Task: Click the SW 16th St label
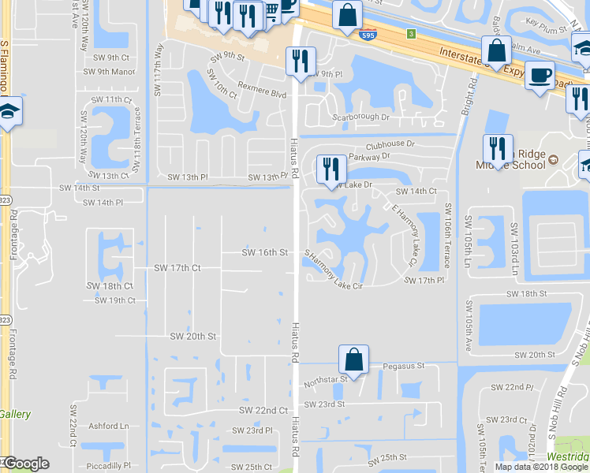[x=264, y=252]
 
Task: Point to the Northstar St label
[x=325, y=380]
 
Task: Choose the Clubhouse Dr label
[x=390, y=144]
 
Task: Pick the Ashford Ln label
[x=109, y=426]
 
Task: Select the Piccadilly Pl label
[x=106, y=465]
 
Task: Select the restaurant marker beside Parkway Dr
[x=330, y=168]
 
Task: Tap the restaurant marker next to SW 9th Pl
[x=300, y=61]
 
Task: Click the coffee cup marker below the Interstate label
[x=540, y=76]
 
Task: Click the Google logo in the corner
[x=25, y=464]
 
